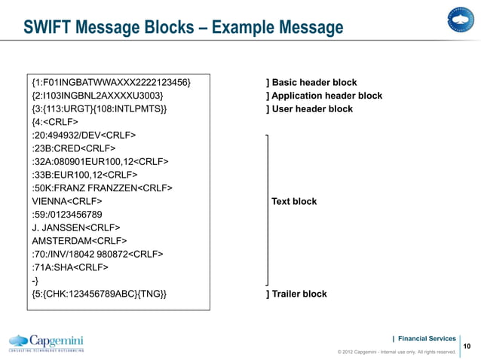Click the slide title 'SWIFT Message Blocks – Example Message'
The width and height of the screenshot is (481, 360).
(183, 28)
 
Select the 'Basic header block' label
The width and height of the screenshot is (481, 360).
(311, 82)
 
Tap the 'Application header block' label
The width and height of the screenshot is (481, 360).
(324, 96)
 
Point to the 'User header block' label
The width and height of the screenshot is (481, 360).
(309, 109)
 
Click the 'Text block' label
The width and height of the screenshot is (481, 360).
(294, 201)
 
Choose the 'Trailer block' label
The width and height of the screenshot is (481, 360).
(296, 294)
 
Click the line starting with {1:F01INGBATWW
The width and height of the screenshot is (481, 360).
(111, 82)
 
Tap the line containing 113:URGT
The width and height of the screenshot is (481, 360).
(100, 109)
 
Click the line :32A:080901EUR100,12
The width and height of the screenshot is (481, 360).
(100, 162)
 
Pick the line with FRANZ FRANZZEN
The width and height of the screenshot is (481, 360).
(102, 188)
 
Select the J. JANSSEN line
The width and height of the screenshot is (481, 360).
(75, 227)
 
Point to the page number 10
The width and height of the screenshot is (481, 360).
(466, 346)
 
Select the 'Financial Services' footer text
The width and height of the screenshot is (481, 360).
(426, 338)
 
